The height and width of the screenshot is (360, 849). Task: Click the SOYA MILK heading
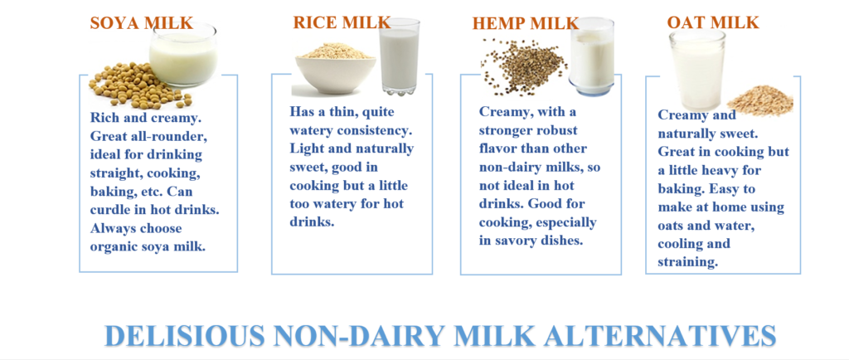click(x=141, y=22)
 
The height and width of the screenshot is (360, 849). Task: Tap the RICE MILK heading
click(x=342, y=22)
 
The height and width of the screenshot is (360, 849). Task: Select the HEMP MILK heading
click(x=526, y=23)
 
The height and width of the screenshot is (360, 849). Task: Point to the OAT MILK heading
click(x=713, y=22)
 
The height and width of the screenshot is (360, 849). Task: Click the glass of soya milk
click(x=183, y=55)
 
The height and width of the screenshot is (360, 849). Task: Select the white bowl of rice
click(x=335, y=69)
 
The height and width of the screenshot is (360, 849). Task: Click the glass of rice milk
click(x=400, y=56)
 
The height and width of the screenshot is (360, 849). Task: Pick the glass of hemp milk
click(x=592, y=56)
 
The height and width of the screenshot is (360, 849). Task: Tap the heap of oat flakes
click(x=759, y=100)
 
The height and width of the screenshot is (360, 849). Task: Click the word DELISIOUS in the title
click(x=185, y=336)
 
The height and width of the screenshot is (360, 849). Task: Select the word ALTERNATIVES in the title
click(x=659, y=336)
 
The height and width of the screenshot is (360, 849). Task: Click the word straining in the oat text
click(x=687, y=263)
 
